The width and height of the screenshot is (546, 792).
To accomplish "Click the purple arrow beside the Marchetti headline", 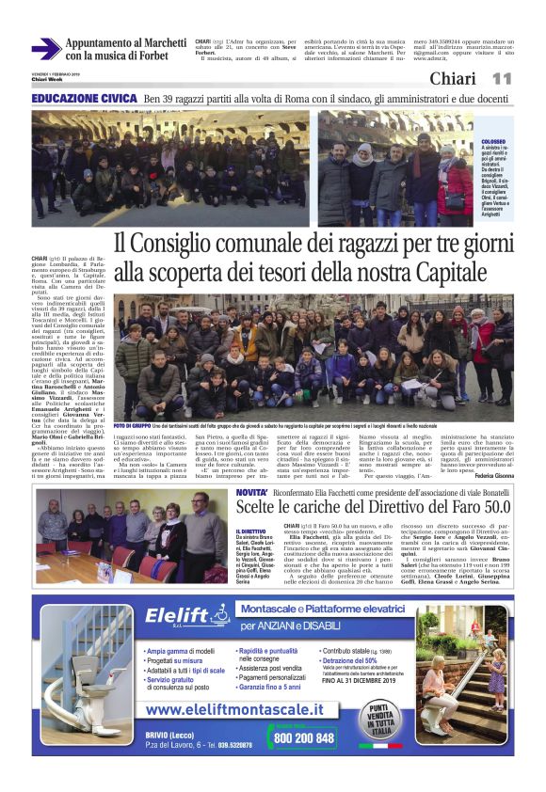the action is click(x=45, y=49).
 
